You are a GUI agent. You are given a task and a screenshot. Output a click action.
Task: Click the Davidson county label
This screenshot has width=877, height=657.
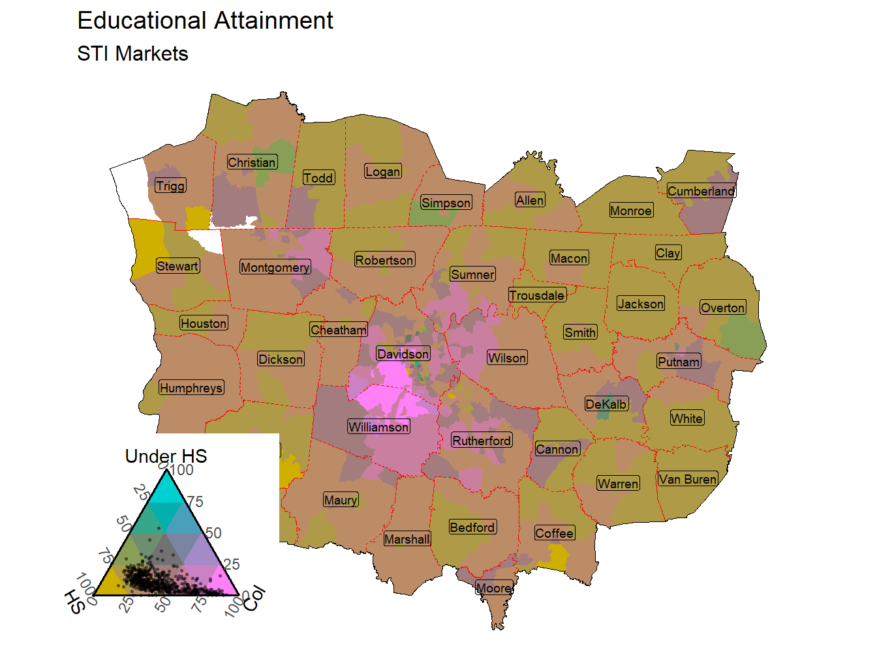point(403,354)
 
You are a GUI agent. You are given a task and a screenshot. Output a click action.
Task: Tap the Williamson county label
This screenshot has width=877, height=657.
point(378,427)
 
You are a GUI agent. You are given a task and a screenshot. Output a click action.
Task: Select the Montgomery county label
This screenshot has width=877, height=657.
point(275,267)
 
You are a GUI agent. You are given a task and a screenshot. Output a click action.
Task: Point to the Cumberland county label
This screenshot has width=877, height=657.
point(701,191)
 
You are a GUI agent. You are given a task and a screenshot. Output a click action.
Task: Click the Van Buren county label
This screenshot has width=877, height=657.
point(687,479)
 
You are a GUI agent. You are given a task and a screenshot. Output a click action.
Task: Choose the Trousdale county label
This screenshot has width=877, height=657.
point(537,295)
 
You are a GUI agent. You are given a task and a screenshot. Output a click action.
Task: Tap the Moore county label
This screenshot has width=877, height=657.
point(493,588)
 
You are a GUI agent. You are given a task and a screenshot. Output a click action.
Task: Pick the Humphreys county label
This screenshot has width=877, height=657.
point(191,388)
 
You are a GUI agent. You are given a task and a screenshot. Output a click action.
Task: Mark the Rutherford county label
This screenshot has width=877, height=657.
point(482,441)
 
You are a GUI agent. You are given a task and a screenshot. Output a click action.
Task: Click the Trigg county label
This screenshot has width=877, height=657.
point(170,186)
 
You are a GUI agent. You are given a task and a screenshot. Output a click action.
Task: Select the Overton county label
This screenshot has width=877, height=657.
point(722,308)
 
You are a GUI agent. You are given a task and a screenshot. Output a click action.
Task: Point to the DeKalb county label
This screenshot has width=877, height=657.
point(606,404)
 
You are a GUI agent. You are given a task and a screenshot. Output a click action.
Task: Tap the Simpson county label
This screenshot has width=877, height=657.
point(446,203)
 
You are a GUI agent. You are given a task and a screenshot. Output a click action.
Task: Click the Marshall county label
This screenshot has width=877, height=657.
point(407,539)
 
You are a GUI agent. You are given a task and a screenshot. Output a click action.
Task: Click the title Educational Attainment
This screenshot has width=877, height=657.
point(205,21)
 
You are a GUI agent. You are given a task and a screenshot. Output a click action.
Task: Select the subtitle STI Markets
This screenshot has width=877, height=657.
point(132,53)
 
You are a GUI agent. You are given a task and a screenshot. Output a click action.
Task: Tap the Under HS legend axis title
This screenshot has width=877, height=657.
point(166,456)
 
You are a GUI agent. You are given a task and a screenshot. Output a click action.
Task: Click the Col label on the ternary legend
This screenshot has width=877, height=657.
point(255,598)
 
